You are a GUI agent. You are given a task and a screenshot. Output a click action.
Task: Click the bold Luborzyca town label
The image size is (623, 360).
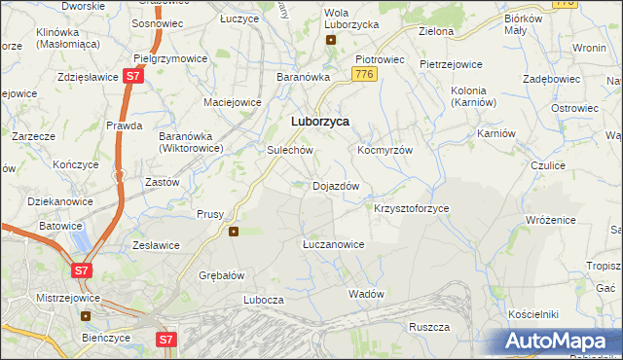[x=320, y=122]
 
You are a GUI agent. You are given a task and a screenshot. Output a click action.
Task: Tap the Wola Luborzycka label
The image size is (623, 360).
[x=330, y=17]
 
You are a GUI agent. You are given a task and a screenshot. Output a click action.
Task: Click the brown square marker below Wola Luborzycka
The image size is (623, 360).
[x=331, y=40]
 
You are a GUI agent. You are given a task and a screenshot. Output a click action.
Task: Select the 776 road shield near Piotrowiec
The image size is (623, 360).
[x=365, y=74]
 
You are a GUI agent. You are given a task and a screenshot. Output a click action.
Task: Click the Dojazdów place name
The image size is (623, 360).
[x=336, y=186]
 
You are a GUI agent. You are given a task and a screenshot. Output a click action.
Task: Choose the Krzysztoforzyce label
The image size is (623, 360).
[x=411, y=208]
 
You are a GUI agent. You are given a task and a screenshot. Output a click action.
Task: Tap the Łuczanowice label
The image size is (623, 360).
[x=333, y=244]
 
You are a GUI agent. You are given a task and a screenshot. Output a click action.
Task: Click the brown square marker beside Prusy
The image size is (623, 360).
[x=234, y=232]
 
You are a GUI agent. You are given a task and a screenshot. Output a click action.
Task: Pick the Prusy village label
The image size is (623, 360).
[x=210, y=214]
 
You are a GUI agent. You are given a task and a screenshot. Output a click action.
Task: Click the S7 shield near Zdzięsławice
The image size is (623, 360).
[x=134, y=76]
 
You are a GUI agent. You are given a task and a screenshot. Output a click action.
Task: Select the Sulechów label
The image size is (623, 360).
[x=289, y=151]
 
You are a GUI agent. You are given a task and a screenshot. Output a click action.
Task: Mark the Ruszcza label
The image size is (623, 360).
[x=428, y=327]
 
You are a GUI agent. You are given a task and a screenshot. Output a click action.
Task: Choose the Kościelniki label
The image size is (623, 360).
[x=532, y=314]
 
